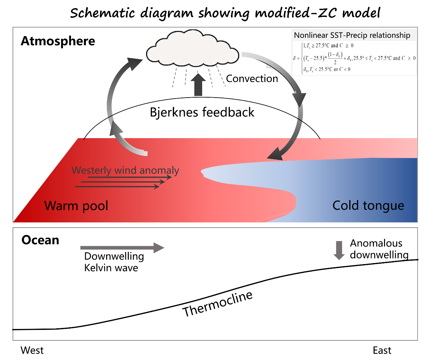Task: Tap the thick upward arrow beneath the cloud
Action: point(198,85)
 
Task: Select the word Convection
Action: point(252,79)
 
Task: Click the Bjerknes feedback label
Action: point(202,112)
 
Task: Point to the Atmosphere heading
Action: point(58,41)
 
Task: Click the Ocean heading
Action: point(40,240)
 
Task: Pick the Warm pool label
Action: point(76,206)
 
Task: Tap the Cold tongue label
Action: point(368,205)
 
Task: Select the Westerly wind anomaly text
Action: point(125,170)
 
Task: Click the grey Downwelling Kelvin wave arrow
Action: point(122,248)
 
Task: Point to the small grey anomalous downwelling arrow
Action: point(339,250)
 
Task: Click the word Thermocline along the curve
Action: point(217,304)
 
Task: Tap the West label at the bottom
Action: point(32,351)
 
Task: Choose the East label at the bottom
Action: point(382,351)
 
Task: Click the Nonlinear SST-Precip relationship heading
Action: point(352,35)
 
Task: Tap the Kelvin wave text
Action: point(111,268)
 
